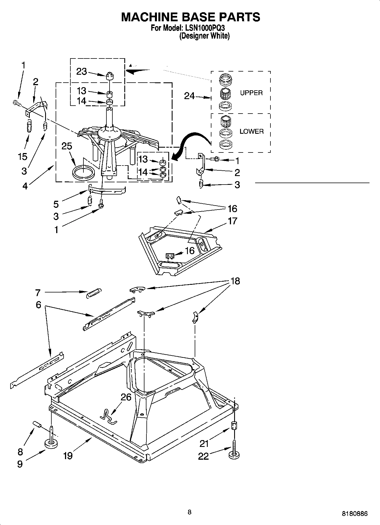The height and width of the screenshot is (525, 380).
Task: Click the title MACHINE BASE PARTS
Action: [190, 17]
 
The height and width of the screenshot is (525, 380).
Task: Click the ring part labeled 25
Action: [83, 172]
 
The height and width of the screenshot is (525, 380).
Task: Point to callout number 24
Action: [189, 96]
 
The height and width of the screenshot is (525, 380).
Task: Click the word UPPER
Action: [251, 93]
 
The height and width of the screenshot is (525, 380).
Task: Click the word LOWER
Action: [251, 131]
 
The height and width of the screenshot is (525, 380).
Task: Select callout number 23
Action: [81, 71]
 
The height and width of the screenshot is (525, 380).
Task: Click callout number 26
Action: [126, 397]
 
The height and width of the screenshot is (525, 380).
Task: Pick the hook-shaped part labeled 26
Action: [108, 417]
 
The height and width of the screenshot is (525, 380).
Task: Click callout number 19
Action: [68, 455]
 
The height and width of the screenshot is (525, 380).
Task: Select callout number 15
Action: [22, 156]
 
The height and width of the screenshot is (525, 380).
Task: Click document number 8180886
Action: [354, 513]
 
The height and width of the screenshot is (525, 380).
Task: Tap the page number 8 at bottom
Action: [190, 512]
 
